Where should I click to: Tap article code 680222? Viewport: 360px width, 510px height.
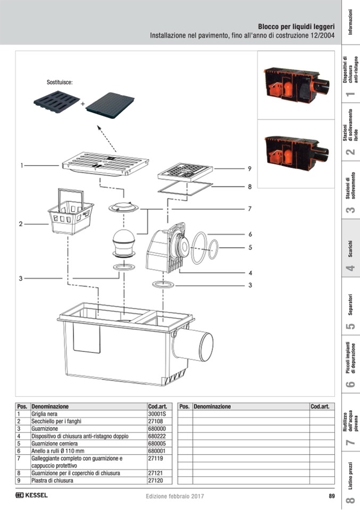coord(156,436)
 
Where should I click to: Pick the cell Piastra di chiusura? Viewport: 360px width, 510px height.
coord(53,480)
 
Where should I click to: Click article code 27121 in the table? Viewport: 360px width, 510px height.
coord(155,473)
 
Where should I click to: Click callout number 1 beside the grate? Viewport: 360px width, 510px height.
coord(22,165)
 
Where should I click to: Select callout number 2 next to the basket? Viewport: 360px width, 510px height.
coord(21,224)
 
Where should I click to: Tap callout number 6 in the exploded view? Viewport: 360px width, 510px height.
coord(249,234)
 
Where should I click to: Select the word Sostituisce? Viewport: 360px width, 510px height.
coord(59,83)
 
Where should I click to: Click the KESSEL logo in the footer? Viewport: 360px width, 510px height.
coord(32,496)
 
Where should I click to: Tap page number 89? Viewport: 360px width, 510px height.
coord(331,496)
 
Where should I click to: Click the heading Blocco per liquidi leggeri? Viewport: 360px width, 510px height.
coord(296,26)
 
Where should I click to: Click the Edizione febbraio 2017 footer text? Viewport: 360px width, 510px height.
coord(175,496)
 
